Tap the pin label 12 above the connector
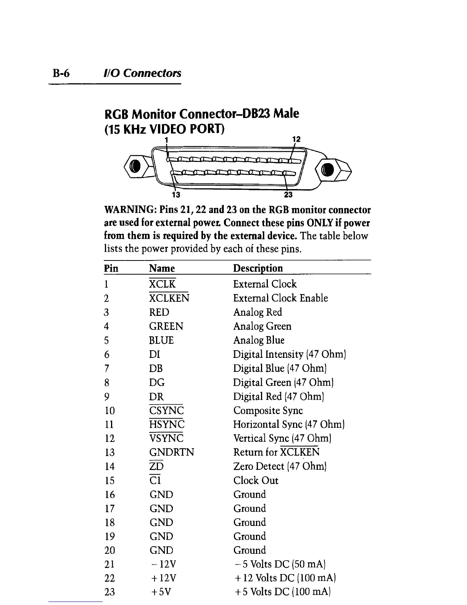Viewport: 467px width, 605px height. click(x=296, y=139)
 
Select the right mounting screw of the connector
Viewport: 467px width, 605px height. click(x=329, y=169)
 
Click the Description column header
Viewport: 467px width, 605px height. click(x=258, y=268)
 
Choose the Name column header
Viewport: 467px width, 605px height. click(x=162, y=268)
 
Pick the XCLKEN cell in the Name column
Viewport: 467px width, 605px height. click(x=169, y=298)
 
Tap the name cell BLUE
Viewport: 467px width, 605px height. click(x=161, y=340)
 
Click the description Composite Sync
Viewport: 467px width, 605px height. click(x=268, y=411)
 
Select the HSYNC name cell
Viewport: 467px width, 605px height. click(x=167, y=425)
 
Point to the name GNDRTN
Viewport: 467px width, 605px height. click(x=172, y=453)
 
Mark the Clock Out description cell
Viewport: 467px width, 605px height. click(x=256, y=480)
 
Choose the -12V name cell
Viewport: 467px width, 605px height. click(x=163, y=565)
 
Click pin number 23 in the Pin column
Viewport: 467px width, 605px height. click(x=110, y=592)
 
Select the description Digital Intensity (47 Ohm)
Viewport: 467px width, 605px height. click(x=289, y=354)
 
